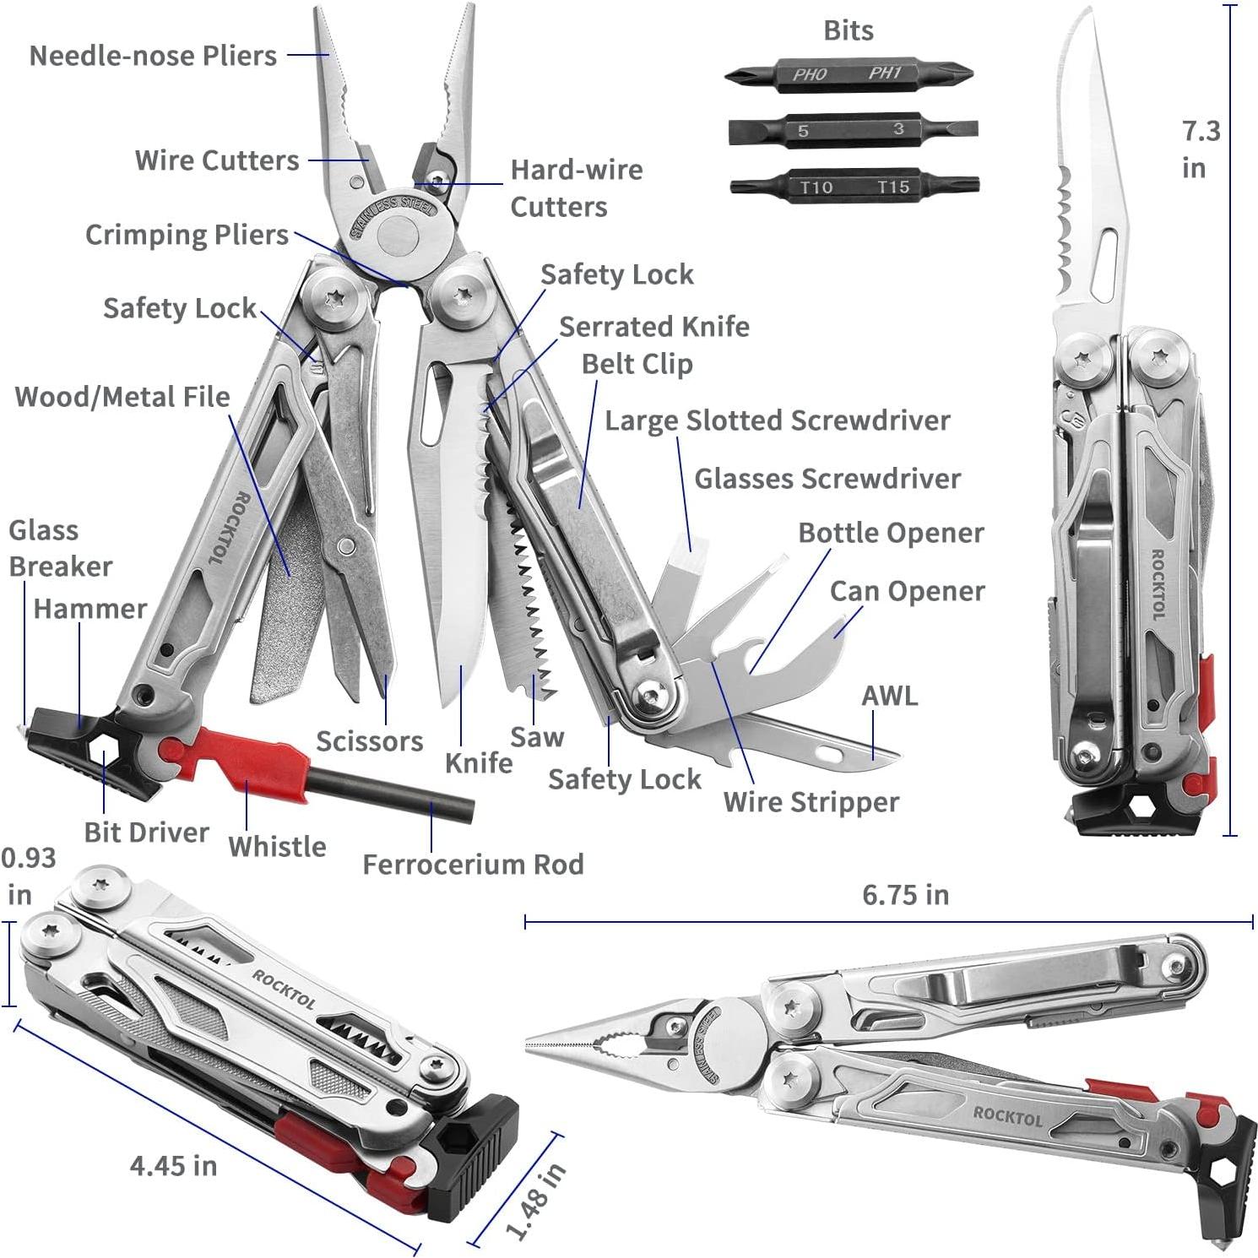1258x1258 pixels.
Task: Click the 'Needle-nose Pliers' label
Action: (153, 56)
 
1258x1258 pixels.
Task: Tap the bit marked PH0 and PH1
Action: (849, 74)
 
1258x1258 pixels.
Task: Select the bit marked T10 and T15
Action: (854, 187)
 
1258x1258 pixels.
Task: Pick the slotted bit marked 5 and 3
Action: (852, 130)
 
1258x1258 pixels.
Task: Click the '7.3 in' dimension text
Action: (1200, 149)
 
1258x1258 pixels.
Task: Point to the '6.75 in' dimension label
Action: (905, 894)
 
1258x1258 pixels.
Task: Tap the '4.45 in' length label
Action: (173, 1165)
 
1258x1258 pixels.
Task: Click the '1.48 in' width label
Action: (537, 1201)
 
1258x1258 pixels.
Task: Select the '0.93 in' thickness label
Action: (27, 876)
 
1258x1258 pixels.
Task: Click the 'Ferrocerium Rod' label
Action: (473, 865)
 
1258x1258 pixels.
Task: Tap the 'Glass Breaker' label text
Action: (59, 548)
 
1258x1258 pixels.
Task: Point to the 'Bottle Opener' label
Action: (891, 533)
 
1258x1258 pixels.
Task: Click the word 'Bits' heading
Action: (848, 30)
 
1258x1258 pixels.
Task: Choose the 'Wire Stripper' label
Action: (811, 801)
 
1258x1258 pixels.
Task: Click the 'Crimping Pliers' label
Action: (187, 235)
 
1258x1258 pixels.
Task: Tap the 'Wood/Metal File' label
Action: (122, 397)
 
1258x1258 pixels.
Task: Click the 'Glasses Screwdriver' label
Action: (827, 479)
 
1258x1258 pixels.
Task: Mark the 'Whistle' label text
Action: (277, 846)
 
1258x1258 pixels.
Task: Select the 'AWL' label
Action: (889, 696)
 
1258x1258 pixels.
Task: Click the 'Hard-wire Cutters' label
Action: (576, 188)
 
